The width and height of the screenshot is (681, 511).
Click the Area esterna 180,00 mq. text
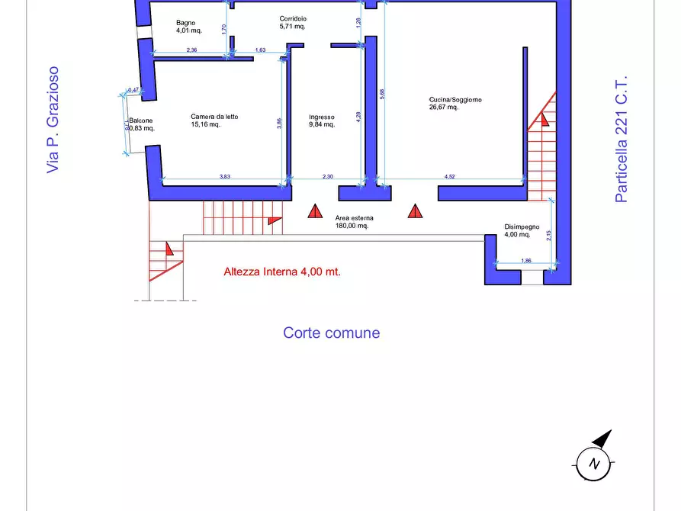coord(354,222)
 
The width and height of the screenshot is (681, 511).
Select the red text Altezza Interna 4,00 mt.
coord(281,272)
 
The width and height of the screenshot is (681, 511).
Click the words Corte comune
coord(331,333)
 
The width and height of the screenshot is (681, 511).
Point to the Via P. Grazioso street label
coord(53,119)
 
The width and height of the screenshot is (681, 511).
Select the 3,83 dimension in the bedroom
coord(225,177)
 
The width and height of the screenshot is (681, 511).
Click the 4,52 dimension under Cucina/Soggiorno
coord(450,177)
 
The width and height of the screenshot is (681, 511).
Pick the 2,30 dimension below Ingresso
coord(328,177)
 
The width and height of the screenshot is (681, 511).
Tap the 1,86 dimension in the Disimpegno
coord(525,262)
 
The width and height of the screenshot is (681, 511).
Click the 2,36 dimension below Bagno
coord(192,50)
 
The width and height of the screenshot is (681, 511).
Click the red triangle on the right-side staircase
coord(544,117)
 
